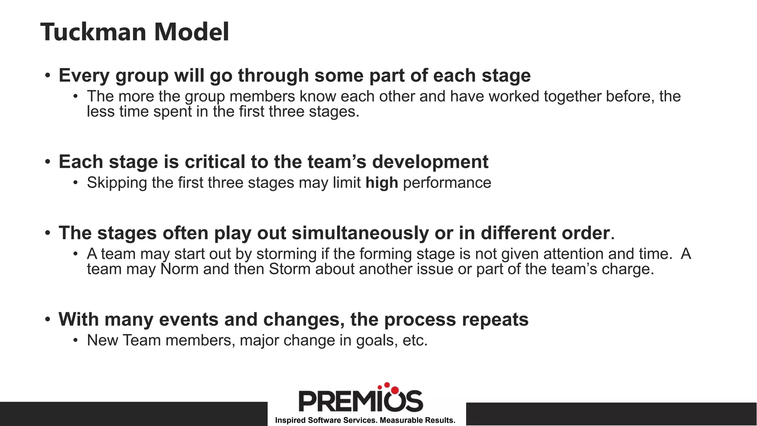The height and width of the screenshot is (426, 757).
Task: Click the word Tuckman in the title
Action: click(94, 32)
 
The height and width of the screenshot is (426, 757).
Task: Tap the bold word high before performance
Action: click(381, 183)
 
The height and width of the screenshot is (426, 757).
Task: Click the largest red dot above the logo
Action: click(395, 390)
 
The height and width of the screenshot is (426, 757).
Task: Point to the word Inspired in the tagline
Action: click(290, 420)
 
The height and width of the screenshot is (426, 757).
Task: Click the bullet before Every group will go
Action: click(47, 76)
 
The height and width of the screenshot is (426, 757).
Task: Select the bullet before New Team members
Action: click(76, 341)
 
